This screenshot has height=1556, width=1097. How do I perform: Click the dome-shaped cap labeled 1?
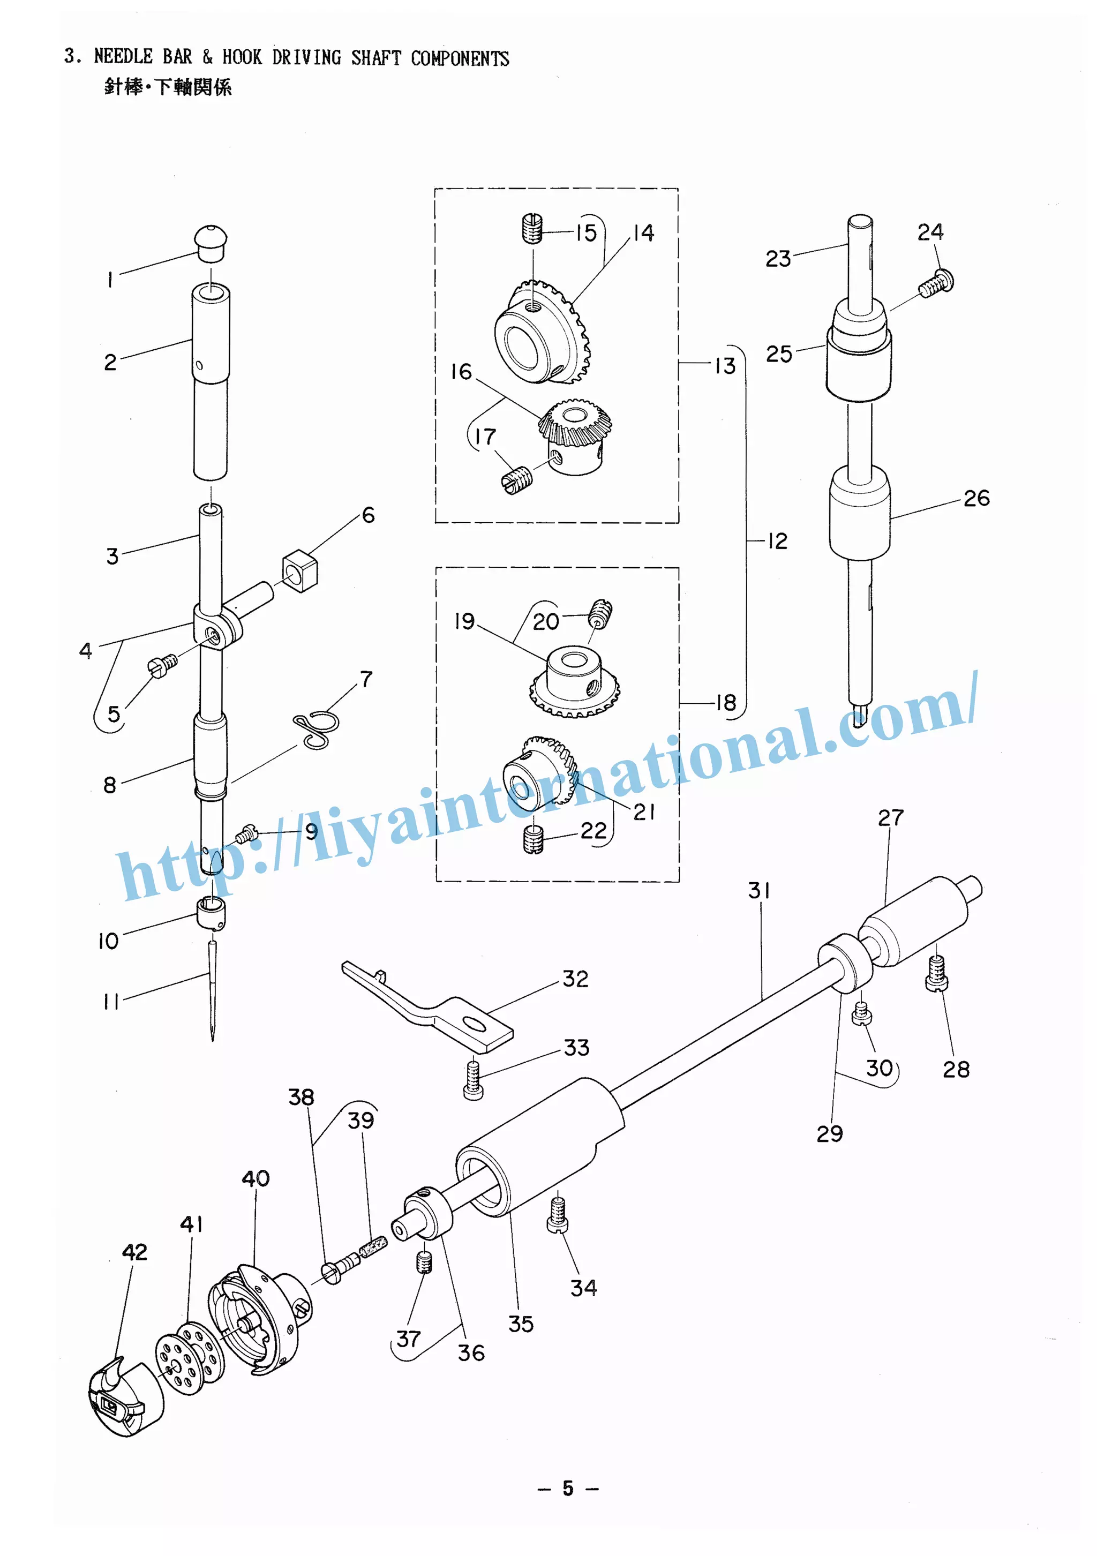(210, 243)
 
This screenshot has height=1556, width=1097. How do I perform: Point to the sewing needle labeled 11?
(213, 989)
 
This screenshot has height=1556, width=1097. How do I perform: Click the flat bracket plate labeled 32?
(434, 1006)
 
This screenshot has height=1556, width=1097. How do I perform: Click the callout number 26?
(976, 498)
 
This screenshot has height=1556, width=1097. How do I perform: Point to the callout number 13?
(725, 366)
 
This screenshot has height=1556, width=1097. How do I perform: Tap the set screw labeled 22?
(534, 840)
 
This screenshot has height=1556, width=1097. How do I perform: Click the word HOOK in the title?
(242, 57)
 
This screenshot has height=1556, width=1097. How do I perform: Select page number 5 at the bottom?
(568, 1487)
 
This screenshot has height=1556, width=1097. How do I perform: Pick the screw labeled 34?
(557, 1214)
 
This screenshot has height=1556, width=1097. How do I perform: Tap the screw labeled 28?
(936, 973)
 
